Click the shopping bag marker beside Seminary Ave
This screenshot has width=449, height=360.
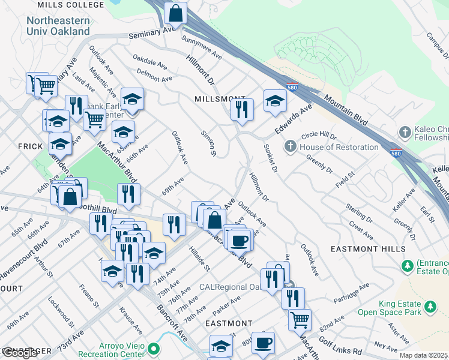click(175, 13)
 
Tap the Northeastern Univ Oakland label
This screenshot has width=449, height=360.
click(58, 26)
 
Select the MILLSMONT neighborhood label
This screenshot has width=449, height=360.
click(220, 98)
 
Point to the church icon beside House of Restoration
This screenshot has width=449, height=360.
click(291, 146)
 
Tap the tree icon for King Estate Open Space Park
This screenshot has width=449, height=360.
click(429, 307)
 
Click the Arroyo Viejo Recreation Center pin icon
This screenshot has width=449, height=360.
click(154, 348)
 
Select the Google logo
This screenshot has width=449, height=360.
click(20, 353)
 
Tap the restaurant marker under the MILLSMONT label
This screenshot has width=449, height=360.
click(243, 109)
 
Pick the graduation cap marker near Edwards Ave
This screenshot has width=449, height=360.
click(275, 100)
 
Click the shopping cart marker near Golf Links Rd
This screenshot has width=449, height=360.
click(300, 319)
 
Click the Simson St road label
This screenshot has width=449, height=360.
click(208, 145)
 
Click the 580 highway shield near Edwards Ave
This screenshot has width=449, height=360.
click(292, 87)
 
